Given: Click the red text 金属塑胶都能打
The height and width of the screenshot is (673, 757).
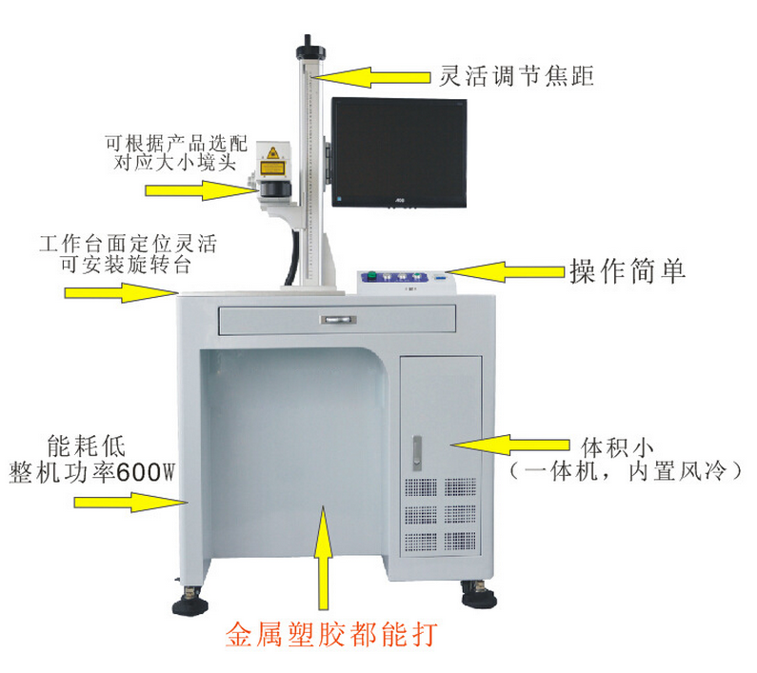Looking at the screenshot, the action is (331, 634).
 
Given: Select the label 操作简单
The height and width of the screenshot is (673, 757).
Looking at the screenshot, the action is (628, 271).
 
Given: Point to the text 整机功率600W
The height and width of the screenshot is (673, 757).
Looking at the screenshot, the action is (91, 472).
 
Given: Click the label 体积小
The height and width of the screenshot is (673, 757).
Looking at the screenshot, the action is (617, 447).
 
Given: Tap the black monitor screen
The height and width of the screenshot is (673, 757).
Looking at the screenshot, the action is (399, 152).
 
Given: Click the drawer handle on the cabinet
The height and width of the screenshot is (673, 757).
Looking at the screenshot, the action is (339, 320).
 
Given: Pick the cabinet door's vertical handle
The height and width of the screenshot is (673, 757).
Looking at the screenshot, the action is (417, 453).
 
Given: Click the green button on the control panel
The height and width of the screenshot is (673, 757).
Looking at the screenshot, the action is (371, 276).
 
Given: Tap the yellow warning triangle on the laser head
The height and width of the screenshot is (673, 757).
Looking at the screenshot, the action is (272, 153).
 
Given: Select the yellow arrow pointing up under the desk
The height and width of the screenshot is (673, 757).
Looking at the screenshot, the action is (324, 558).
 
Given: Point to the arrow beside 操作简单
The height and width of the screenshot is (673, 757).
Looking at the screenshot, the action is (505, 272).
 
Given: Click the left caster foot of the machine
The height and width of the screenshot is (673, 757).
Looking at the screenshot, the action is (190, 602).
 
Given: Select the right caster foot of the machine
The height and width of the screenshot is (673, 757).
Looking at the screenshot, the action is (479, 595).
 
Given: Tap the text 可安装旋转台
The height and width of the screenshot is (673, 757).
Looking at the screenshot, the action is (127, 265).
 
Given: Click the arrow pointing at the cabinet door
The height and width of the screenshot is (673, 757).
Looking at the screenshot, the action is (509, 445).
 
